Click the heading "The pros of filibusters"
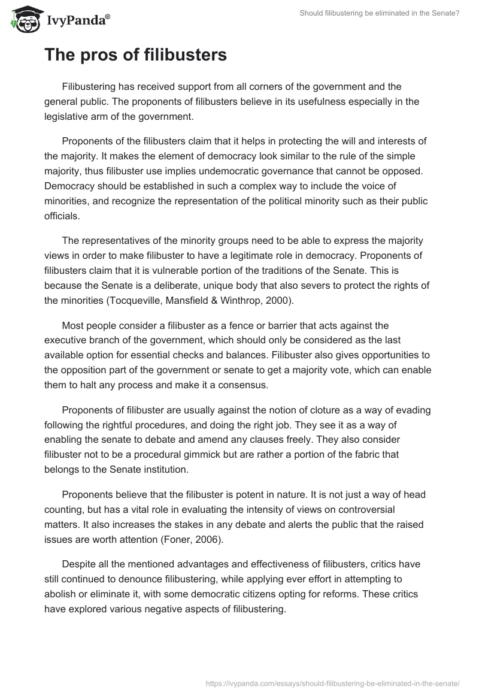(x=135, y=55)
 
